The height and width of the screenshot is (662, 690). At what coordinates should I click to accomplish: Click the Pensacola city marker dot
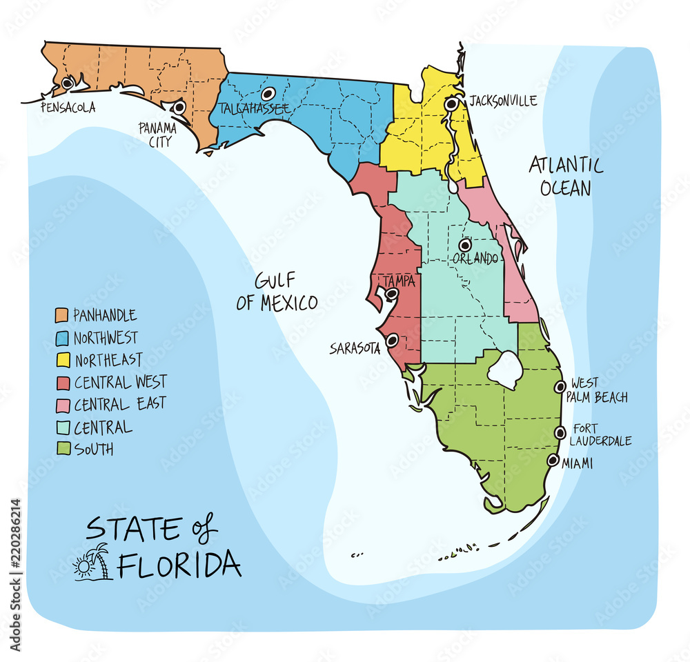[x=67, y=83]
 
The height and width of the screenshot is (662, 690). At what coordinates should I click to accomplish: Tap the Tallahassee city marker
[x=268, y=93]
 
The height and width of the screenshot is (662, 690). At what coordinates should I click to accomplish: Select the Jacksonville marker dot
[x=451, y=104]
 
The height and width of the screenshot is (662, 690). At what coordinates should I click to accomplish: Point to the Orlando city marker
[x=465, y=245]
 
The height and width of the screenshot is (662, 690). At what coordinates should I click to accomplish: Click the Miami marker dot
[x=553, y=460]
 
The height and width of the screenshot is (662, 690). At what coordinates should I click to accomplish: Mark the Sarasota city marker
[x=392, y=340]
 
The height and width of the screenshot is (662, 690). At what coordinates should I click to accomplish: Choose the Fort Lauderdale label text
[x=601, y=435]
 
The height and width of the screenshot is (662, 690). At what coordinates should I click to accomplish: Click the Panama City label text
[x=157, y=134]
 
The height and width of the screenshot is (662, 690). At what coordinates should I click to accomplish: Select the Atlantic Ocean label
[x=566, y=176]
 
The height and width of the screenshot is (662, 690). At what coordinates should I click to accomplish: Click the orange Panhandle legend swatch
[x=61, y=316]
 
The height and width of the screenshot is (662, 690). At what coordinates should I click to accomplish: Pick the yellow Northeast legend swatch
[x=61, y=360]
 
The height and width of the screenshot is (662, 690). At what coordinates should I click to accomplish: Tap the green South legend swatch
[x=61, y=450]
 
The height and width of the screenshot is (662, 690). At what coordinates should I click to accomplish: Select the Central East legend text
[x=120, y=404]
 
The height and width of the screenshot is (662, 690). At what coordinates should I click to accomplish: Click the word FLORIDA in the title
[x=179, y=564]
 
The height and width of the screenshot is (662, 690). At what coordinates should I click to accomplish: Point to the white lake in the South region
[x=506, y=370]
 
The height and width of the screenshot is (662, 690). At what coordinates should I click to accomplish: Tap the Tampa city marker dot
[x=391, y=294]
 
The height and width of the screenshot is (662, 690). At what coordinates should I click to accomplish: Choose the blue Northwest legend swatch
[x=61, y=338]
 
